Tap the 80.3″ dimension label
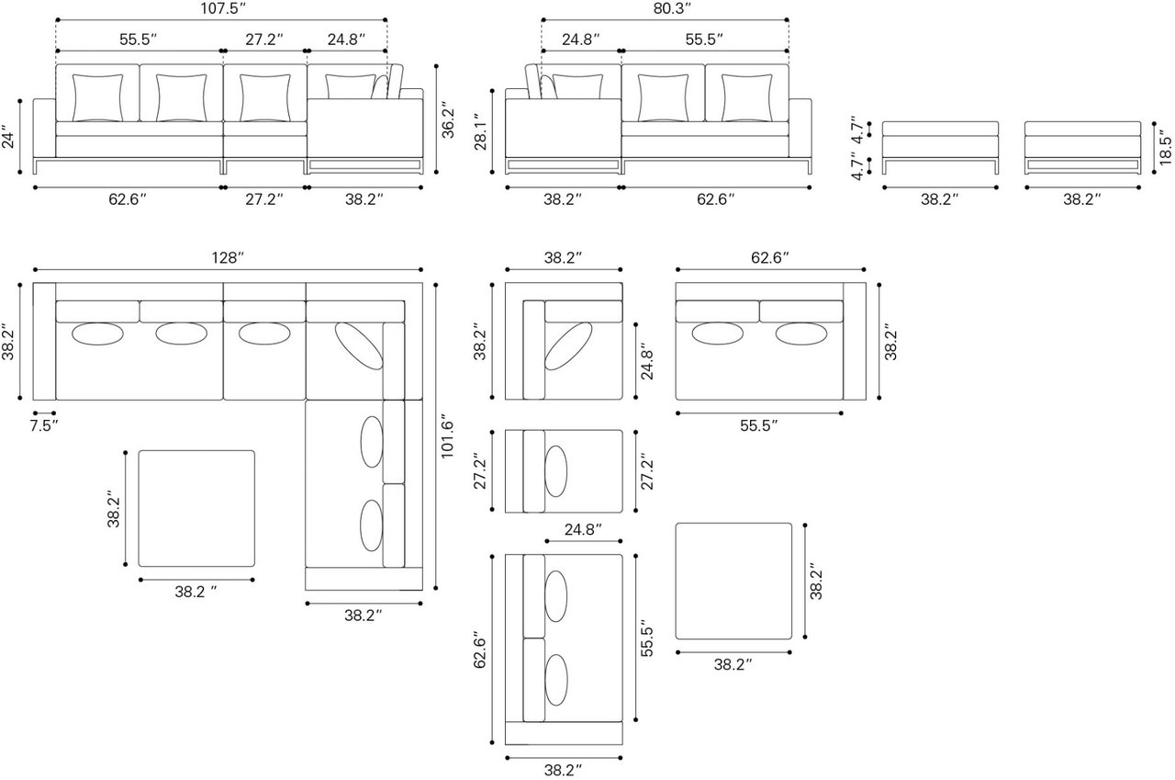[672, 9]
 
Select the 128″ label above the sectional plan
[228, 258]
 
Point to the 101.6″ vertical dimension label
[447, 439]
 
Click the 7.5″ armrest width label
[43, 425]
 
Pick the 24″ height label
[9, 137]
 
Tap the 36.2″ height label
[448, 123]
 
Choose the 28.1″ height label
[481, 132]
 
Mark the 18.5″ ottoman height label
[1165, 148]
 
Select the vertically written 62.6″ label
[480, 650]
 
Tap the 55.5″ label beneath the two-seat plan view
[759, 425]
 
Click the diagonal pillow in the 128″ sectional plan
[359, 346]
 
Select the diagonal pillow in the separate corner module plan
[568, 346]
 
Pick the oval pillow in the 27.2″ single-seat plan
[556, 471]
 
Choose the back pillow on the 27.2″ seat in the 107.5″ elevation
[265, 98]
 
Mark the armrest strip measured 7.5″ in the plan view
[45, 341]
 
